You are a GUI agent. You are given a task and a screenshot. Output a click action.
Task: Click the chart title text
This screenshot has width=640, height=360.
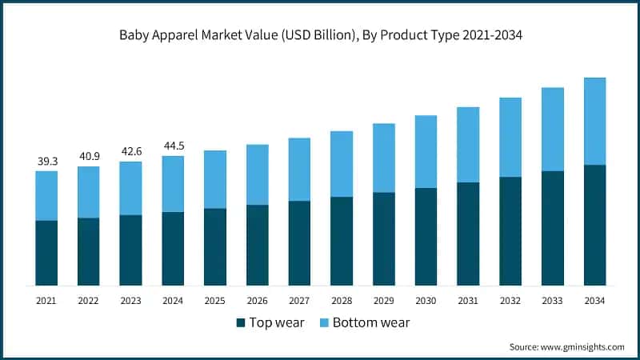click(x=320, y=36)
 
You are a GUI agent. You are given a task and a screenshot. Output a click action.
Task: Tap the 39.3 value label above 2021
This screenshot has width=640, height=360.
click(x=46, y=162)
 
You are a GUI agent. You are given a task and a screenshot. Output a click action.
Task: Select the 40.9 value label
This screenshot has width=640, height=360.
click(x=89, y=157)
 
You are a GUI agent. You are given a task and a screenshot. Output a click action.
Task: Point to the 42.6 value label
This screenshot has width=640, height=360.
click(x=131, y=152)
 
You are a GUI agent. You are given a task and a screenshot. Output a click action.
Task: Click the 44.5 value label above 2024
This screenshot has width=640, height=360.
click(x=174, y=146)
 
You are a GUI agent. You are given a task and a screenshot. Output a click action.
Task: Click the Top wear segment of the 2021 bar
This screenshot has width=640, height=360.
click(x=46, y=253)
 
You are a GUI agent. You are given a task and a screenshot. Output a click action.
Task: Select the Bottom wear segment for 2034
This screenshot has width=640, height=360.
click(x=594, y=122)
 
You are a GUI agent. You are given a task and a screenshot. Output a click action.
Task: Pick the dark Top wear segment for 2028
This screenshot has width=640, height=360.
click(x=342, y=241)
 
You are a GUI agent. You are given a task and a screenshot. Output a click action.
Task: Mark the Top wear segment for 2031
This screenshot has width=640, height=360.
click(x=468, y=234)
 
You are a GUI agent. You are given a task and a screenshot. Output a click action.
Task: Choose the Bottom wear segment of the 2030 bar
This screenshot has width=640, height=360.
click(x=426, y=152)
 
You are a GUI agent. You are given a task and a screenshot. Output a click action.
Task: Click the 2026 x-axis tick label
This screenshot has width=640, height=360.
click(x=258, y=301)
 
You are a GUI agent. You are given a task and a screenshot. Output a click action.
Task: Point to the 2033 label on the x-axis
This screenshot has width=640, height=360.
click(x=553, y=301)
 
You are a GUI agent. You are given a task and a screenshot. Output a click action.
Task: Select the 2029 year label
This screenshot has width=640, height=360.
click(x=384, y=301)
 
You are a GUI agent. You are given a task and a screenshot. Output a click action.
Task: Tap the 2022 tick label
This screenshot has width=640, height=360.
click(x=89, y=301)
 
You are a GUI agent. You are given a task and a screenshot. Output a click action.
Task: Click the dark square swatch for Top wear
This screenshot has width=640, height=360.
click(x=240, y=323)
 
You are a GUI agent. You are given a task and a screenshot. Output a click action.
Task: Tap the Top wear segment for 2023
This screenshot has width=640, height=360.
click(x=131, y=250)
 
